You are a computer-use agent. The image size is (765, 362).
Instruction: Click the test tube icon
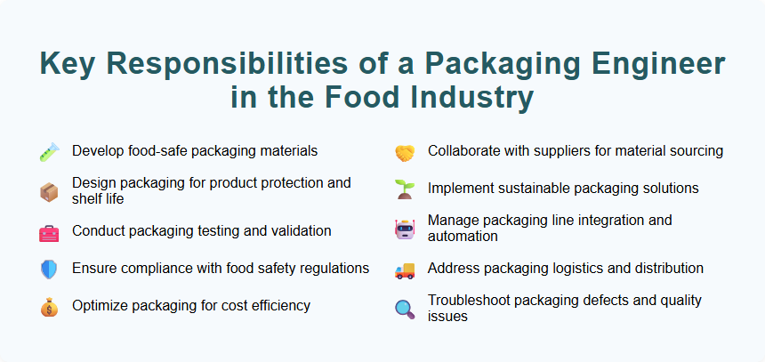48,153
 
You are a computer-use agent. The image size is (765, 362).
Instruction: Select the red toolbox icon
48,233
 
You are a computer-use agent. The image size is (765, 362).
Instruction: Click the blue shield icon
48,269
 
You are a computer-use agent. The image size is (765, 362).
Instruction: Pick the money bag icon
48,308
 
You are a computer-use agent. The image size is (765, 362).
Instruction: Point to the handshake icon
405,153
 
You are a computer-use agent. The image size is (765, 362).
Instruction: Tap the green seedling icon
405,189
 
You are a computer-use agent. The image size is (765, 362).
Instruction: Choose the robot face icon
405,229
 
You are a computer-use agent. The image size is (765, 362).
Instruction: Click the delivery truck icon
405,269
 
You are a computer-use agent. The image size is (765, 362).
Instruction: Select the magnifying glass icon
405,309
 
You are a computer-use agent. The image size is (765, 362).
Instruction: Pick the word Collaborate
465,151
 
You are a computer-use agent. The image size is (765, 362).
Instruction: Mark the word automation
463,237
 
